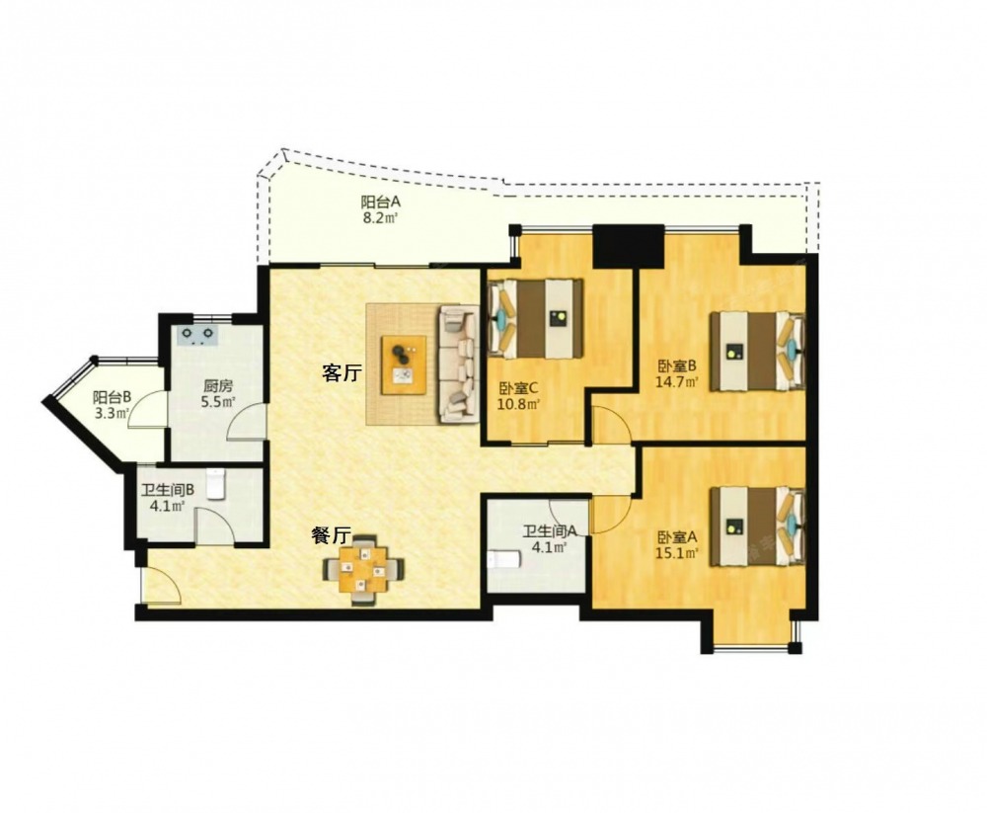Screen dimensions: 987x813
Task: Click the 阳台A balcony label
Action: click(x=381, y=203)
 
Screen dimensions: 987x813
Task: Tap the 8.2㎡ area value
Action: click(x=382, y=218)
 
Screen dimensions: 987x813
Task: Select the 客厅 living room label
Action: click(x=342, y=373)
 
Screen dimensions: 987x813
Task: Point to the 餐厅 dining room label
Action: click(x=331, y=535)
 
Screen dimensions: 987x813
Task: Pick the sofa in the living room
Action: click(x=459, y=363)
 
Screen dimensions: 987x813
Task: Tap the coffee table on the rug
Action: click(x=404, y=365)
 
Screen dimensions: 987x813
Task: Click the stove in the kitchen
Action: click(x=197, y=335)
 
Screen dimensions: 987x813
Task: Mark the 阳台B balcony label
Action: click(x=113, y=398)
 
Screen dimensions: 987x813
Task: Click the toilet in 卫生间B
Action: click(x=216, y=484)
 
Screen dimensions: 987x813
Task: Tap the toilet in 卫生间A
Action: click(x=503, y=559)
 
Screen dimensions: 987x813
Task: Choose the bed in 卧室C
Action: click(x=536, y=318)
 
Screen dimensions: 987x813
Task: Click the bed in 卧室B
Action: click(x=758, y=351)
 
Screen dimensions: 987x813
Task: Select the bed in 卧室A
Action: click(x=758, y=526)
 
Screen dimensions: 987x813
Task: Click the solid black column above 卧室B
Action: click(x=629, y=246)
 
